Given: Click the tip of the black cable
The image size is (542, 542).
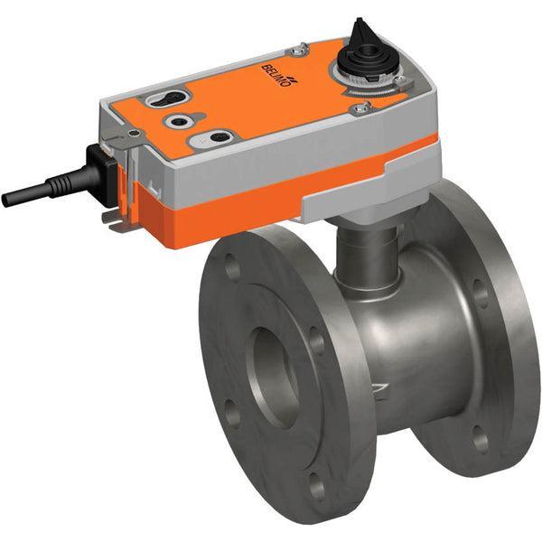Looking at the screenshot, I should coord(7,199).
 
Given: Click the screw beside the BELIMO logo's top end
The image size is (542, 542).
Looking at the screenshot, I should coord(303,49).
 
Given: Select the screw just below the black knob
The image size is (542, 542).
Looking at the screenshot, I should coord(363,107).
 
